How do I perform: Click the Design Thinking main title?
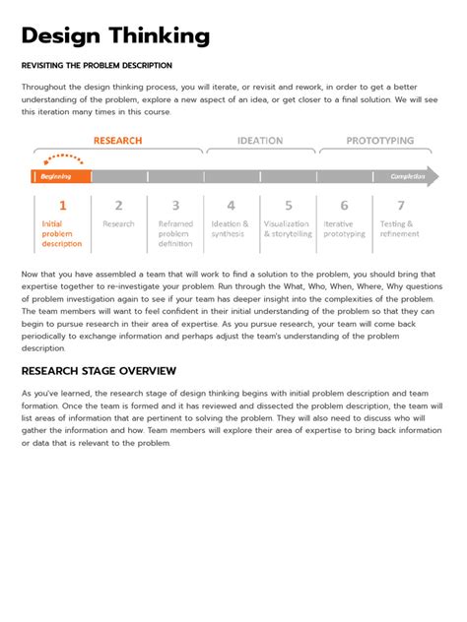(x=115, y=36)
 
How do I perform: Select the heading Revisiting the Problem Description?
(x=97, y=66)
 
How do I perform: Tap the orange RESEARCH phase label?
(x=117, y=141)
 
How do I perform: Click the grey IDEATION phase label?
(x=260, y=141)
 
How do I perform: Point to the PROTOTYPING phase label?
(x=379, y=141)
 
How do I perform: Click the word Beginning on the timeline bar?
(x=55, y=177)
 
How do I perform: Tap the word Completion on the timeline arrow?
(x=407, y=177)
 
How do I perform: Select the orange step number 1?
(x=62, y=206)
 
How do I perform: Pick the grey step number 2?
(x=118, y=206)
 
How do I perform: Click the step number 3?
(x=175, y=206)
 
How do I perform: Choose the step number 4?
(x=231, y=206)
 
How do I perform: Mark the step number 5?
(x=288, y=206)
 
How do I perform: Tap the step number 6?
(x=344, y=206)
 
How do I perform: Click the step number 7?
(x=400, y=206)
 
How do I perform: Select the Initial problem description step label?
(x=62, y=234)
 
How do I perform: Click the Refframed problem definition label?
(x=175, y=234)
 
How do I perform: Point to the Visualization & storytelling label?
(x=288, y=229)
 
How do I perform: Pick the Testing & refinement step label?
(x=399, y=229)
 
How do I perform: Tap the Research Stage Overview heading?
(x=99, y=371)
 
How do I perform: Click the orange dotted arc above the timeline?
(x=63, y=157)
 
